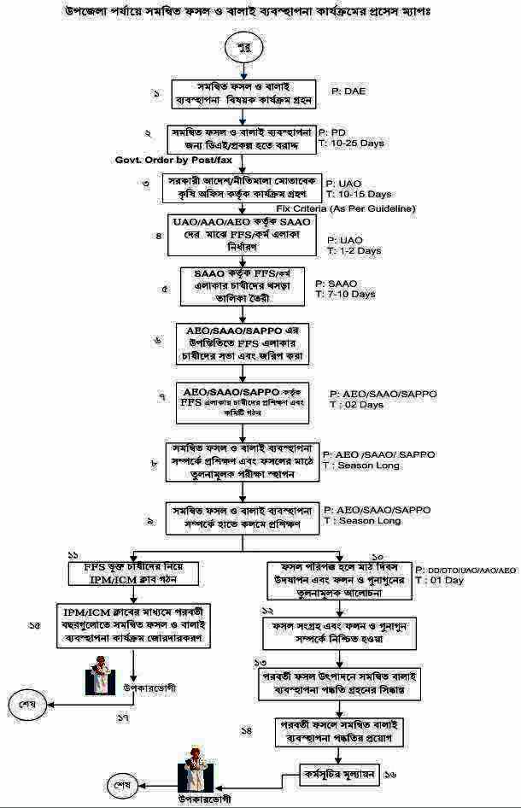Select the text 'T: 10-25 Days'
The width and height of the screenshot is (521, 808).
pos(351,143)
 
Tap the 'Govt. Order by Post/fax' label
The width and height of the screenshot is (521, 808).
pos(173,160)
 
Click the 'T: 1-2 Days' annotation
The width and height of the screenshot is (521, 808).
pos(353,251)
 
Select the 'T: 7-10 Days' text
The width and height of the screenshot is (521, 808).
pos(345,295)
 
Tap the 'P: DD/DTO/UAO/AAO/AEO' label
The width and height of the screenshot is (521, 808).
pos(466,569)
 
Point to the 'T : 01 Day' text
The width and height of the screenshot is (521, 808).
pos(440,580)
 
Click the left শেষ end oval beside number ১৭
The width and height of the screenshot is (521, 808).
pos(26,704)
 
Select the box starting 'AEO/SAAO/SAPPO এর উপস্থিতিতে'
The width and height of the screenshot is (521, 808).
pos(243,343)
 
